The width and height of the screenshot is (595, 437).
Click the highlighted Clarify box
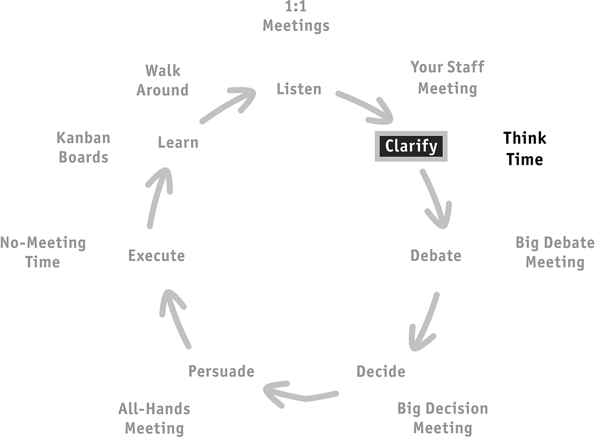[x=411, y=146]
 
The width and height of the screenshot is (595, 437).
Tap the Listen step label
[x=299, y=89]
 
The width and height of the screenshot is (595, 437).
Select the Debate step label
[x=436, y=256]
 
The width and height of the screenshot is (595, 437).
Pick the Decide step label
[x=381, y=371]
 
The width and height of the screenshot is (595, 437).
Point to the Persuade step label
[x=221, y=371]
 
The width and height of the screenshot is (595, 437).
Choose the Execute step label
[x=156, y=256]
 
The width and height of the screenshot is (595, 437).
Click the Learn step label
[x=178, y=142]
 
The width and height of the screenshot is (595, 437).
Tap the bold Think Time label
[x=525, y=149]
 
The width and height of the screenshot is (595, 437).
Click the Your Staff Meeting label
[x=447, y=78]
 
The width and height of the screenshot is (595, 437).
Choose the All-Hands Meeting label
[x=154, y=419]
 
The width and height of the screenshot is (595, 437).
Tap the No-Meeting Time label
[x=43, y=253]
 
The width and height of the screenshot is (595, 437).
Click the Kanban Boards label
[x=83, y=148]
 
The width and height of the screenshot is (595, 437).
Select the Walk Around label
[x=162, y=80]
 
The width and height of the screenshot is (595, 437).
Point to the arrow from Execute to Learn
[x=157, y=197]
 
